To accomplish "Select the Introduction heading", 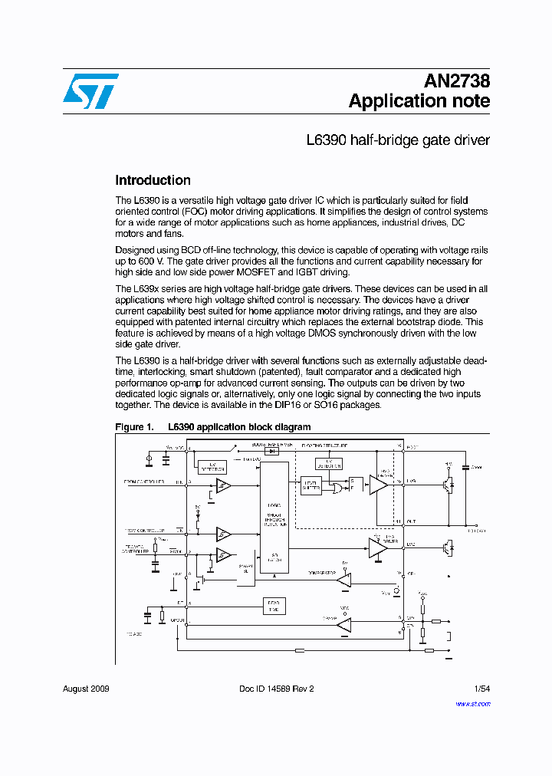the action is [x=153, y=181].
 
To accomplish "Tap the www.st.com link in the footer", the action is [x=472, y=704].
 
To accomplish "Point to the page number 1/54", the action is [x=481, y=689].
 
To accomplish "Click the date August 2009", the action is [x=86, y=689].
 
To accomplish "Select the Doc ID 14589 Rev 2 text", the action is [x=276, y=689].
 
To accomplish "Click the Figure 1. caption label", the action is [x=135, y=427].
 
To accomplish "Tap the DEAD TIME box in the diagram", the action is [x=274, y=606].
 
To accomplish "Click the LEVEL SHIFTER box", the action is [x=310, y=485].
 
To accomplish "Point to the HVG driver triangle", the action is [x=378, y=484].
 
